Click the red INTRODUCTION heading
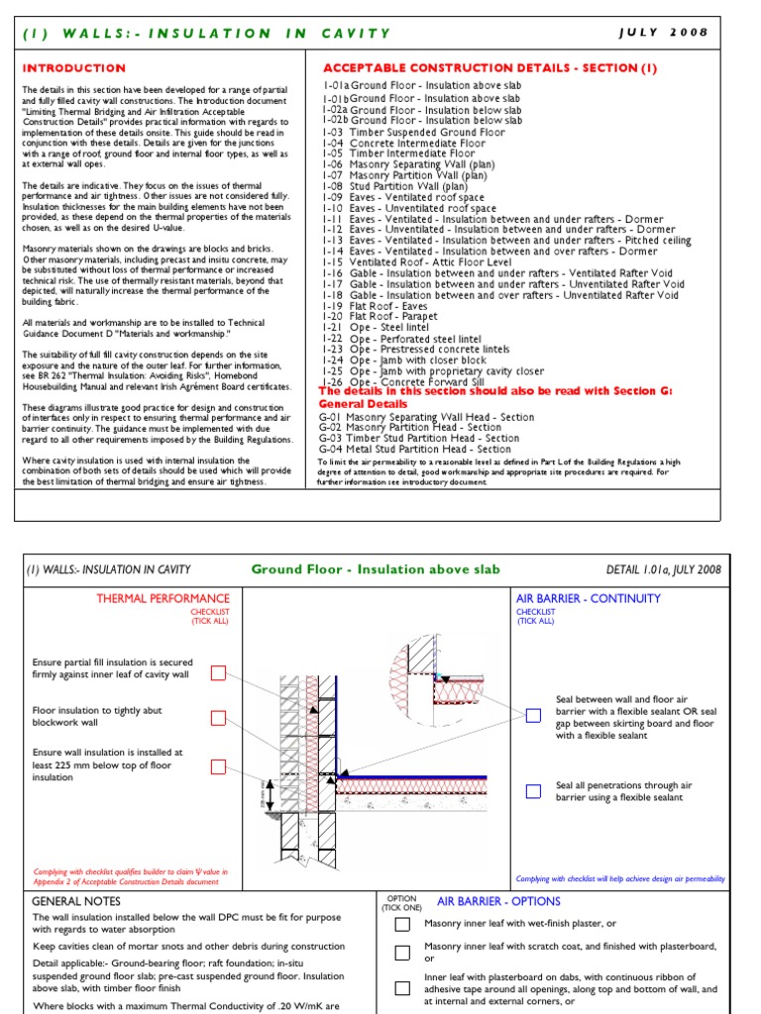(x=73, y=68)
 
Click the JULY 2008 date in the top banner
(x=663, y=32)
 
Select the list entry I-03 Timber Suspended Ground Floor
(x=413, y=132)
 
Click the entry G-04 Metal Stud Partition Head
(x=414, y=450)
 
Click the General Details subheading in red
(x=363, y=404)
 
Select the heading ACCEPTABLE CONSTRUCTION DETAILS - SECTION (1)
(x=489, y=68)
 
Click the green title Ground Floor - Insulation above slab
(x=376, y=569)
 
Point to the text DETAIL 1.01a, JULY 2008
(x=663, y=569)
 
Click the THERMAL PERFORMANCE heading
(x=163, y=598)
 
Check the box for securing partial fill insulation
(x=218, y=673)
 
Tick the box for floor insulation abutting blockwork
(x=218, y=718)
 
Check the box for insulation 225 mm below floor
(x=218, y=765)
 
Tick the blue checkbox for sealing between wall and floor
(x=533, y=715)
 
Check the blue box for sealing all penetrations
(x=533, y=791)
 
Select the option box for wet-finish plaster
(x=402, y=925)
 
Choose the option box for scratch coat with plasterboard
(x=402, y=953)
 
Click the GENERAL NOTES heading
(x=76, y=902)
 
